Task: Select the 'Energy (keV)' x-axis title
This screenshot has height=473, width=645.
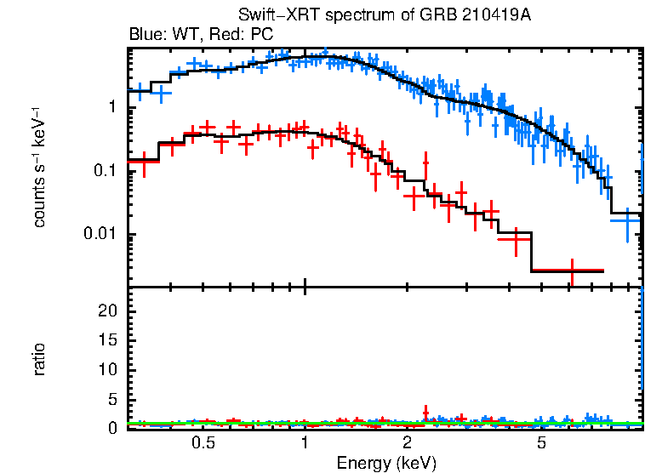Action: (x=386, y=463)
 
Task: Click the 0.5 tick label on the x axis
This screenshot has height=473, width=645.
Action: (x=203, y=443)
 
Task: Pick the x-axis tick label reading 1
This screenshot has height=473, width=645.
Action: (x=305, y=443)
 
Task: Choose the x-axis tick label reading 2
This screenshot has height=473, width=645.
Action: (x=408, y=443)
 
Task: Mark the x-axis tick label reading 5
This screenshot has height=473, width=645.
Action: (x=542, y=443)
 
